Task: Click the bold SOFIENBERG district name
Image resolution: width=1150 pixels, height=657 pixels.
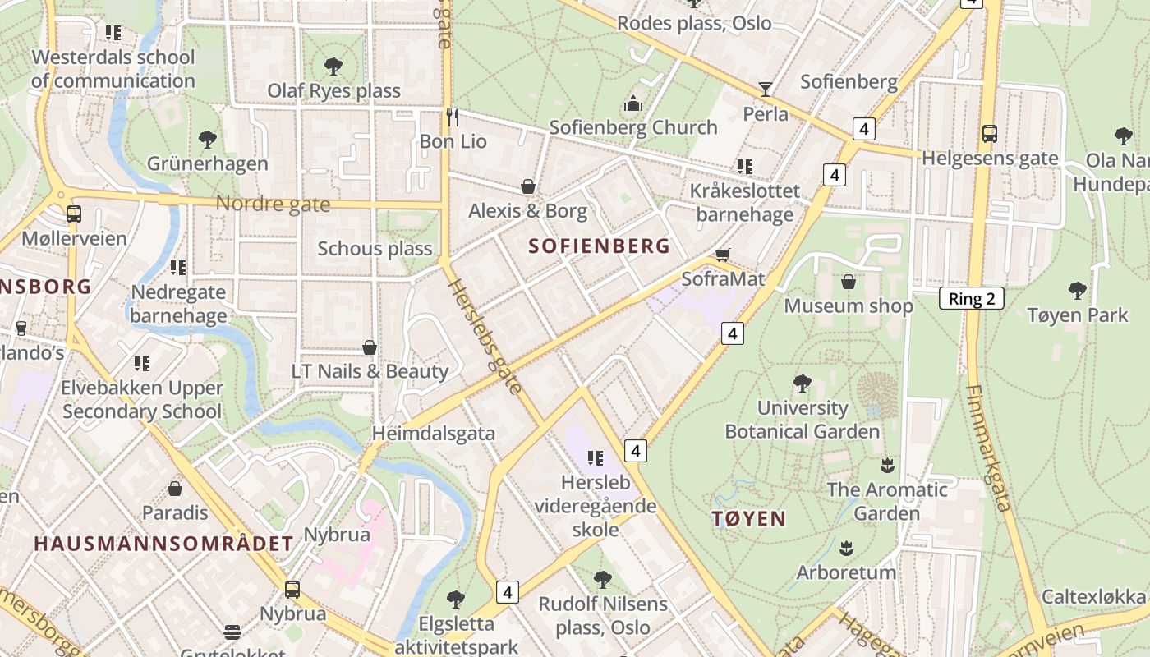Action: pos(599,246)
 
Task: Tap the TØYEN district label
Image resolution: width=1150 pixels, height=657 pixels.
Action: pos(748,518)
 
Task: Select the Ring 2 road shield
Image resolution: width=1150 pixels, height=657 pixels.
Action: pos(971,298)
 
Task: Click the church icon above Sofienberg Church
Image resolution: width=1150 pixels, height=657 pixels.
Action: pos(632,103)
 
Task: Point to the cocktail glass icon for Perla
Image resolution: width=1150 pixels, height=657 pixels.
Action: pos(766,90)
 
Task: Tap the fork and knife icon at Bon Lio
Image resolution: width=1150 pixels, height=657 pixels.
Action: pos(453,117)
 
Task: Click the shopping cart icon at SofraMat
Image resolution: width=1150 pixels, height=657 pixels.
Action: pos(722,255)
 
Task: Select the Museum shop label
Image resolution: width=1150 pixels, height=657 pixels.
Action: pos(848,306)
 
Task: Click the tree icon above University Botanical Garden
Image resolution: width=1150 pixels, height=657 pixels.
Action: pos(802,383)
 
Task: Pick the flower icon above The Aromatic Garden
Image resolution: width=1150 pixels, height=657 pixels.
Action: pos(886,466)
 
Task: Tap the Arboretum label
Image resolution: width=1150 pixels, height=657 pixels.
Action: pos(846,572)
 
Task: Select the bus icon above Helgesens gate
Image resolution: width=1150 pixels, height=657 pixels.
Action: pos(990,133)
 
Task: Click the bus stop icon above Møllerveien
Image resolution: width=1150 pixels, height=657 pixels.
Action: pos(74,214)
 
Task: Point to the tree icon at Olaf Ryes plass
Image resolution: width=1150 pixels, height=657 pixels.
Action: pos(333,67)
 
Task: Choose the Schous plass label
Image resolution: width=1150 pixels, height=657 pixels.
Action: pos(375,248)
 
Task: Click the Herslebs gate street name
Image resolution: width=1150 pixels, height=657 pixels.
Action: pos(486,335)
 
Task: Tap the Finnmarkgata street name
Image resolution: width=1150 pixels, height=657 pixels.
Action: pos(988,448)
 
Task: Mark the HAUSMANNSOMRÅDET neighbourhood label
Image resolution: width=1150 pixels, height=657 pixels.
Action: pos(163,543)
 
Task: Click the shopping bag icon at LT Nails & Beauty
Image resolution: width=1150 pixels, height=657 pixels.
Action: pos(370,347)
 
